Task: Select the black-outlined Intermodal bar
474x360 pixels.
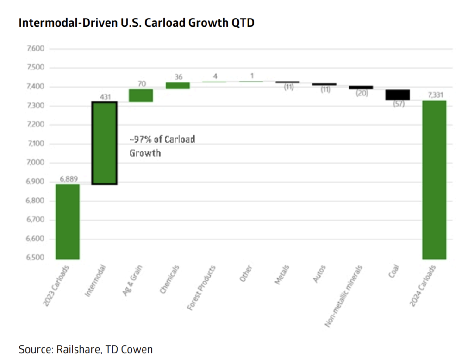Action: [x=104, y=143]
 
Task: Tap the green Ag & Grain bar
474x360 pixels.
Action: [x=141, y=95]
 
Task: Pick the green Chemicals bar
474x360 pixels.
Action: [x=178, y=86]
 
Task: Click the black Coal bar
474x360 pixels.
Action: [x=398, y=95]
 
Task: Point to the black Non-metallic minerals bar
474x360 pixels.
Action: [x=361, y=88]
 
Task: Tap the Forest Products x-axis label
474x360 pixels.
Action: [x=201, y=288]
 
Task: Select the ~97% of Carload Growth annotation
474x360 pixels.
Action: [x=162, y=146]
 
